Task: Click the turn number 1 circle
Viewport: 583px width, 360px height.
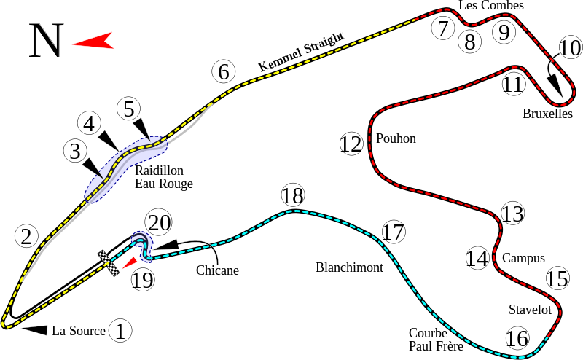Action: (120, 331)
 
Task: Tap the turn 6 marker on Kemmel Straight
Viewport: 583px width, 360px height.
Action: (224, 72)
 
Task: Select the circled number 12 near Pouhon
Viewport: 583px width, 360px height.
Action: (351, 144)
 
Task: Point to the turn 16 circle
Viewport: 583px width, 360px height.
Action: (517, 338)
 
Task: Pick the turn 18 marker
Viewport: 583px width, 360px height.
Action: (292, 195)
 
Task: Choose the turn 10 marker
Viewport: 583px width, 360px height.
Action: (571, 49)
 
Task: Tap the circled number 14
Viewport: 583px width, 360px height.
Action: (477, 257)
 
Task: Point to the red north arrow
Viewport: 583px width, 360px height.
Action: (94, 40)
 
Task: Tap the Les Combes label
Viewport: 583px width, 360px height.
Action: (490, 6)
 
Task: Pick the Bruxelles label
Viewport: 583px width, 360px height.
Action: (547, 114)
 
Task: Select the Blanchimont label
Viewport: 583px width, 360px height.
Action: (349, 267)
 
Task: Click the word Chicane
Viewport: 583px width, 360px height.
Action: (217, 270)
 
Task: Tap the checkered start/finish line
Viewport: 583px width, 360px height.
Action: (110, 263)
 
